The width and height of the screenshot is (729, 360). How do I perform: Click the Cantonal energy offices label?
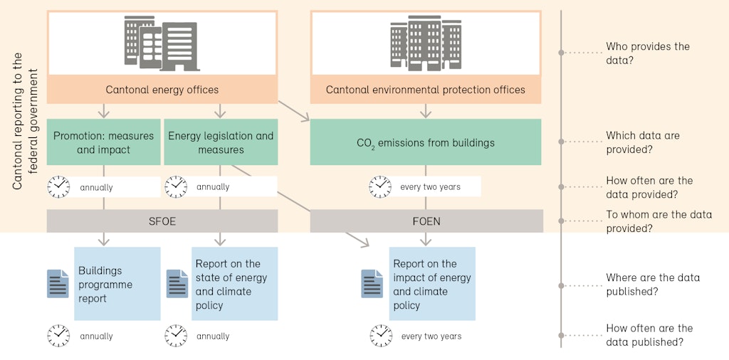pyautogui.click(x=162, y=90)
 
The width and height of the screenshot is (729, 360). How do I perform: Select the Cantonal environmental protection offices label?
pyautogui.click(x=426, y=90)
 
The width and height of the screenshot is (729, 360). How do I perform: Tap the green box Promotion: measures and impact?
pyautogui.click(x=104, y=142)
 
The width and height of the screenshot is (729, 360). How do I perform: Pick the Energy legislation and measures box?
pyautogui.click(x=220, y=142)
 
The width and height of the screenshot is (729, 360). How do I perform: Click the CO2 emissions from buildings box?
pyautogui.click(x=426, y=142)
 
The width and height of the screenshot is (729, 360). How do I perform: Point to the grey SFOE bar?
pyautogui.click(x=162, y=221)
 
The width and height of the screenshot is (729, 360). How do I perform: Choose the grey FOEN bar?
pyautogui.click(x=426, y=221)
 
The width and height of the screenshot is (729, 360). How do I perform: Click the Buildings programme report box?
pyautogui.click(x=117, y=284)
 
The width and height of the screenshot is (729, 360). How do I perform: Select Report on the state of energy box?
pyautogui.click(x=234, y=284)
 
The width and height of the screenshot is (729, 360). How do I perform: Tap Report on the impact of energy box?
pyautogui.click(x=432, y=284)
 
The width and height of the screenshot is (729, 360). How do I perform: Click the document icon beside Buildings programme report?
pyautogui.click(x=58, y=284)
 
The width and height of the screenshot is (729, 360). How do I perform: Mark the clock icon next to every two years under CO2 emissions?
pyautogui.click(x=380, y=187)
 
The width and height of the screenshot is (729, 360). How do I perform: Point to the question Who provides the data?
pyautogui.click(x=647, y=53)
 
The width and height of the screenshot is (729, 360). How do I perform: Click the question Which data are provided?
pyautogui.click(x=642, y=142)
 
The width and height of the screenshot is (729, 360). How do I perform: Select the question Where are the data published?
pyautogui.click(x=652, y=285)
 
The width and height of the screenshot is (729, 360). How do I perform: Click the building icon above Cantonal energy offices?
pyautogui.click(x=162, y=43)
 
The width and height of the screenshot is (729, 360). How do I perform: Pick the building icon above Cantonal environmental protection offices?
pyautogui.click(x=426, y=42)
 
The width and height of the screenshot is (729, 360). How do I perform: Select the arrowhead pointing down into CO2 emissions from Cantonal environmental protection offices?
pyautogui.click(x=426, y=113)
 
